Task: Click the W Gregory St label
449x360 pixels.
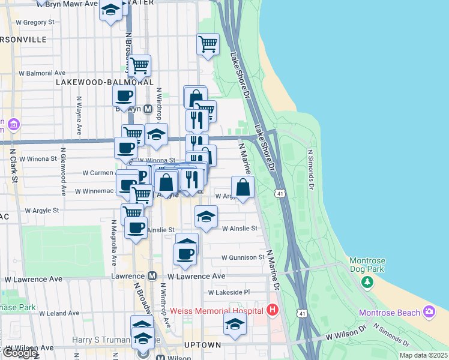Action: point(34,22)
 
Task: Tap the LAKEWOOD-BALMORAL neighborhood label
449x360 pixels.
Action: point(104,82)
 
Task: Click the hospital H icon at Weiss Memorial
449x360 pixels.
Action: point(273,310)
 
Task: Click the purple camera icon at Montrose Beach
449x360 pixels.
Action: point(429,312)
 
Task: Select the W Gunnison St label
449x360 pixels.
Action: point(243,257)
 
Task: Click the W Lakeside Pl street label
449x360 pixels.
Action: point(228,292)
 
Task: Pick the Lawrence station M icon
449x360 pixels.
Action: point(152,276)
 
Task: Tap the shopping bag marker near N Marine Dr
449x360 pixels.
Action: point(243,187)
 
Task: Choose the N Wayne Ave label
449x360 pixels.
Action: point(79,114)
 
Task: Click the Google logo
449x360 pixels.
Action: point(19,353)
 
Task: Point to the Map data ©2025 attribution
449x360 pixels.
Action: point(423,355)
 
